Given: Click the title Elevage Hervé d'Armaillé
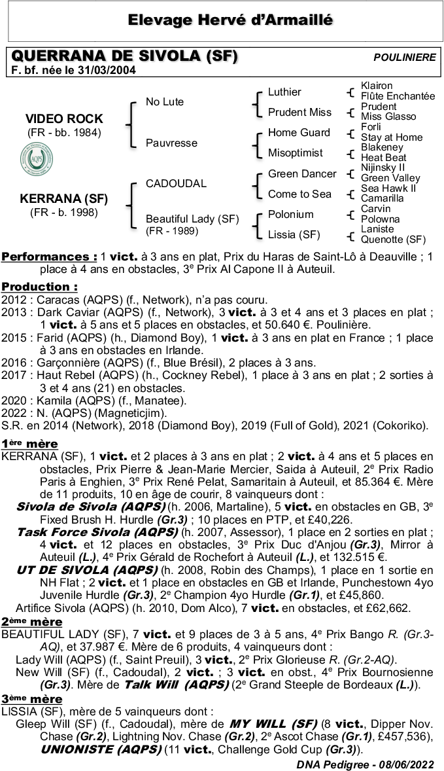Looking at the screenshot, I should tap(222, 20).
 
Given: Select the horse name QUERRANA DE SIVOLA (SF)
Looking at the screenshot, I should tap(125, 57).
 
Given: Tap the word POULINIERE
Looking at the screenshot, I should tap(404, 58).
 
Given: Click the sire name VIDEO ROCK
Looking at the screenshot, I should tap(64, 118).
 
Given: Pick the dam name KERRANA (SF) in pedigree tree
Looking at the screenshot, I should tap(64, 199).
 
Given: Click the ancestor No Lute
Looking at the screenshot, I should tap(165, 101).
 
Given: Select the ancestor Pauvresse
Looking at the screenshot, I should tap(171, 143).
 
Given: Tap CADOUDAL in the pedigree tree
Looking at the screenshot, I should tap(176, 183).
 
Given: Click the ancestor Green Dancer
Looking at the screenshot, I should tap(302, 173).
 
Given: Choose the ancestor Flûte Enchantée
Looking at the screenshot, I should tap(398, 96).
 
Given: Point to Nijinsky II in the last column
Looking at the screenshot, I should tap(383, 168).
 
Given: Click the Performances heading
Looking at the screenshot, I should tap(50, 257).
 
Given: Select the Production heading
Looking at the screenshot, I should tap(39, 287).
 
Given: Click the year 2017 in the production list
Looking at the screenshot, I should tap(14, 375).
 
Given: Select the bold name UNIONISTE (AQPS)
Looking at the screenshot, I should tap(95, 749).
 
